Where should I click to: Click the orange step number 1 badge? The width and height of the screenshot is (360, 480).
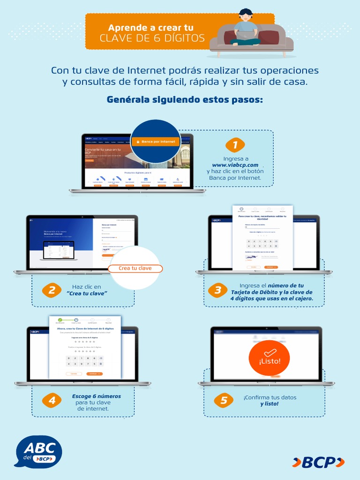click(x=235, y=145)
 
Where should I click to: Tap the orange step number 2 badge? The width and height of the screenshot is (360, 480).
click(x=52, y=290)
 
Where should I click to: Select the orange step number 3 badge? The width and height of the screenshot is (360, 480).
click(x=217, y=290)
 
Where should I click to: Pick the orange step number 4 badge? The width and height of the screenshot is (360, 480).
click(x=52, y=400)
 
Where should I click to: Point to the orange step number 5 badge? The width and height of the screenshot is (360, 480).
click(x=223, y=400)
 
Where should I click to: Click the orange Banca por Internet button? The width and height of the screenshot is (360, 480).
click(x=156, y=141)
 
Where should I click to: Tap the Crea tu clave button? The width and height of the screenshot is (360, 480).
click(x=135, y=268)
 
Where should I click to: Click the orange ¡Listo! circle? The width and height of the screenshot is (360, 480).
click(x=270, y=358)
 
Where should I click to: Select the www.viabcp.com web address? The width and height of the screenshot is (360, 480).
click(x=235, y=165)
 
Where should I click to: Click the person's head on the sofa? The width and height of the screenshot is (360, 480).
click(x=246, y=15)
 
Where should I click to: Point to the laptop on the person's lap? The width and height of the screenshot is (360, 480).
click(x=245, y=35)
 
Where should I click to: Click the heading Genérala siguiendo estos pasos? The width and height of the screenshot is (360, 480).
click(x=185, y=100)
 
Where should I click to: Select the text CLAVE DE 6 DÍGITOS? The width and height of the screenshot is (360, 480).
click(x=152, y=38)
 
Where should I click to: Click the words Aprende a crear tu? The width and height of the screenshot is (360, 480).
click(x=150, y=28)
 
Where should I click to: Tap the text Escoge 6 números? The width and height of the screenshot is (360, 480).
click(x=96, y=396)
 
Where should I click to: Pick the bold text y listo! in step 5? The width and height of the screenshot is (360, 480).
click(x=270, y=404)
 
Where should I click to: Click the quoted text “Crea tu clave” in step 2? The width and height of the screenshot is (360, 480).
click(x=87, y=293)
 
